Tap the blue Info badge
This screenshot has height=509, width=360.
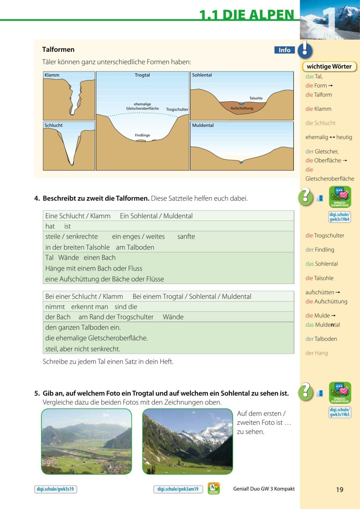(x=284, y=50)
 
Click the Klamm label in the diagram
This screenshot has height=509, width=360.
(x=52, y=75)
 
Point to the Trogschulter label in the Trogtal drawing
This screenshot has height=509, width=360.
(x=177, y=109)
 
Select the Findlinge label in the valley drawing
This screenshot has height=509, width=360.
(x=142, y=135)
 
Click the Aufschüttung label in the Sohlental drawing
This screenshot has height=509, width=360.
(x=242, y=108)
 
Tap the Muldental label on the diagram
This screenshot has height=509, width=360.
(x=203, y=125)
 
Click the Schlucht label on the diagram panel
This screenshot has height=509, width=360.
(x=54, y=125)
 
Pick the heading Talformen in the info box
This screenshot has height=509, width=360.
(x=58, y=50)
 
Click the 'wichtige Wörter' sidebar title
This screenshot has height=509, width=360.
(x=329, y=67)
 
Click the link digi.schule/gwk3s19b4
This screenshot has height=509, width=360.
(x=340, y=216)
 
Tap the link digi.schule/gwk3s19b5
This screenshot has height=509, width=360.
(x=340, y=412)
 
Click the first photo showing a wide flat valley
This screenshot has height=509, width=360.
(x=86, y=441)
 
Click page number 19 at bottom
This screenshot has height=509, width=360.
(x=339, y=490)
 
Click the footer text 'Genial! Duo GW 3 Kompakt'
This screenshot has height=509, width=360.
(x=264, y=489)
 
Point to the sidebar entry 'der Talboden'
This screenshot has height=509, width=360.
(x=321, y=339)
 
